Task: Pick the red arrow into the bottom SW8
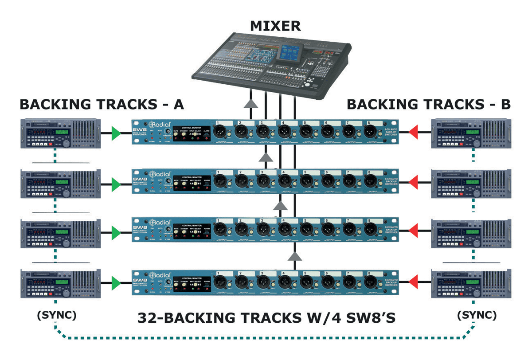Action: click(x=413, y=282)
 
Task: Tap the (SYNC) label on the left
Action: click(x=56, y=316)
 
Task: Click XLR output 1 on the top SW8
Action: click(x=220, y=131)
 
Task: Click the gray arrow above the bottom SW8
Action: click(x=295, y=256)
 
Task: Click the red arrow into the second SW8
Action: click(x=413, y=182)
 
